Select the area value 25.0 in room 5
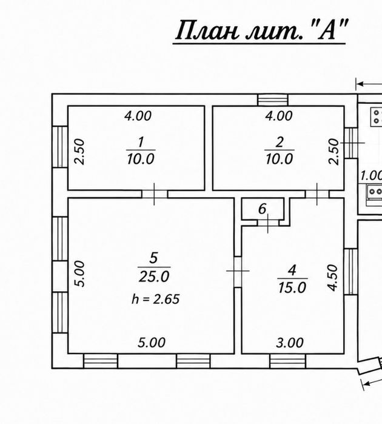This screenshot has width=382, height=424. (x=154, y=277)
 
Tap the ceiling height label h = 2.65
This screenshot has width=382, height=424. (x=156, y=299)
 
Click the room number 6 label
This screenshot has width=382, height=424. (x=262, y=209)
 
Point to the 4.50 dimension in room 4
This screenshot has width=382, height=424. (x=333, y=278)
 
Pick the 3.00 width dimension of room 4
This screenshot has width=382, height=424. (x=290, y=343)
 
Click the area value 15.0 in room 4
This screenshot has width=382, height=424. (x=292, y=288)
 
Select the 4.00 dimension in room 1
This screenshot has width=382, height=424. (x=138, y=116)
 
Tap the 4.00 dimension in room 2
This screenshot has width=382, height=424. (x=279, y=116)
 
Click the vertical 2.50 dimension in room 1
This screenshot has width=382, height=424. (x=80, y=152)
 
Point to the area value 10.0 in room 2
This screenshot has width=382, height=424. (x=280, y=159)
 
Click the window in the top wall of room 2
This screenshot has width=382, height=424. (x=273, y=99)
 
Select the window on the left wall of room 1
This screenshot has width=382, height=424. (x=60, y=147)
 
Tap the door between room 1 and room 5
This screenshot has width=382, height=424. (x=155, y=194)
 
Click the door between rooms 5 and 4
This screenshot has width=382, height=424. (x=238, y=271)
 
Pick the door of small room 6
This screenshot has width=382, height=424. (x=267, y=223)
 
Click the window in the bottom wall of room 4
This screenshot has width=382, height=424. (x=287, y=361)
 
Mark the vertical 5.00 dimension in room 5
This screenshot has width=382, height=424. (x=80, y=274)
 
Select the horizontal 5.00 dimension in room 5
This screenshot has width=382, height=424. (x=152, y=342)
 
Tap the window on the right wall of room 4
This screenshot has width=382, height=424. (x=351, y=272)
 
